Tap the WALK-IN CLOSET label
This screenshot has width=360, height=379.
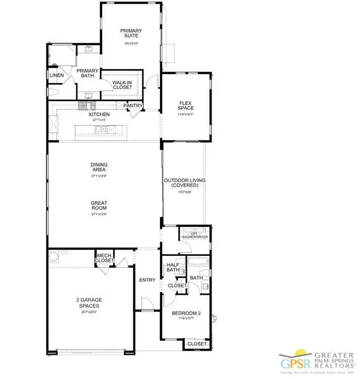(123, 86)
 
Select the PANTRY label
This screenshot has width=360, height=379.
(134, 106)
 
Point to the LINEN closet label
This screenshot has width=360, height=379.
(57, 76)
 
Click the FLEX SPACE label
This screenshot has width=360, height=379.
(186, 105)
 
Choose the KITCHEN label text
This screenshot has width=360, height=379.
(99, 114)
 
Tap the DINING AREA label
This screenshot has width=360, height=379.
(99, 167)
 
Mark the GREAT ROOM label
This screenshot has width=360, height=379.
(99, 205)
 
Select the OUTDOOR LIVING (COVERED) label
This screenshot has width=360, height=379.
(184, 183)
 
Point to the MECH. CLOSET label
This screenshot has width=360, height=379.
(104, 258)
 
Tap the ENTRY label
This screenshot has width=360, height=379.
(147, 280)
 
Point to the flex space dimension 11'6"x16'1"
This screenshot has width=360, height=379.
(186, 114)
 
